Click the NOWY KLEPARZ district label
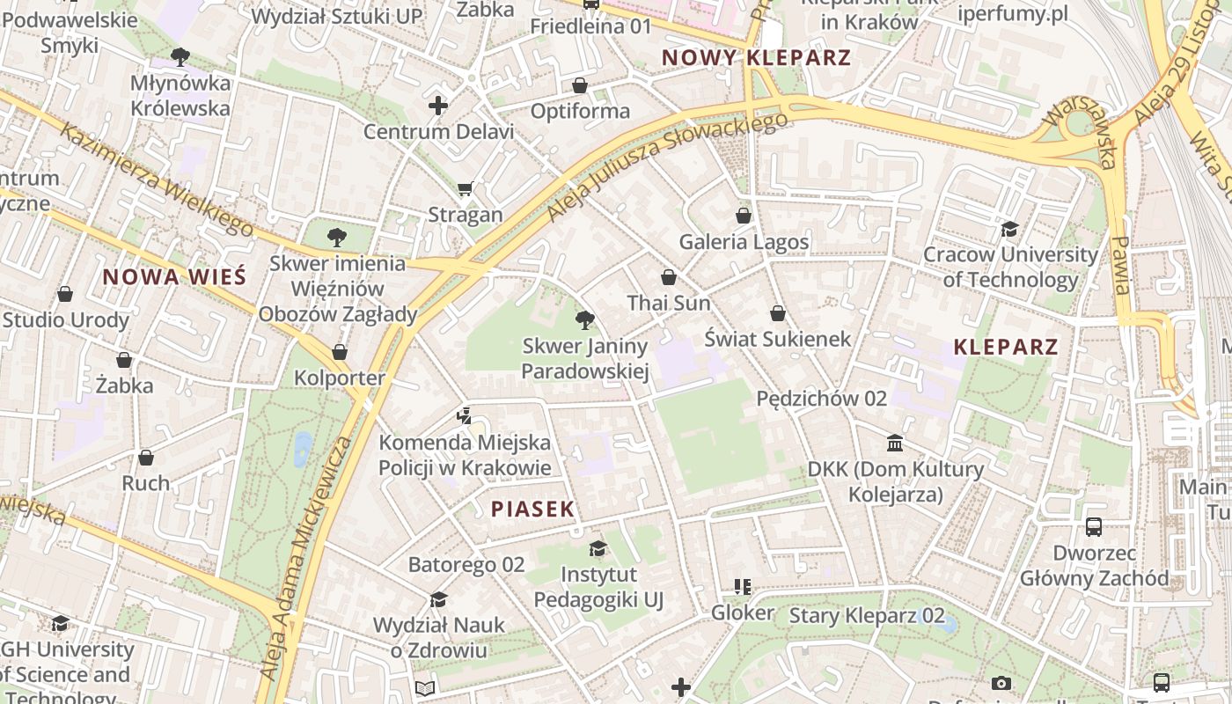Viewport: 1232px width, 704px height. (x=756, y=58)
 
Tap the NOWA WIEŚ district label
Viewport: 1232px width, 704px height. (x=174, y=277)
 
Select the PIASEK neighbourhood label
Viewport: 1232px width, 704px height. (x=532, y=509)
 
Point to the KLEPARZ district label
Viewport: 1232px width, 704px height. (x=1006, y=347)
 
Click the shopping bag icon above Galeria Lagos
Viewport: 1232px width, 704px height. (x=744, y=216)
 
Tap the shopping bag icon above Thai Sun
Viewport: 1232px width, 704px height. (x=669, y=277)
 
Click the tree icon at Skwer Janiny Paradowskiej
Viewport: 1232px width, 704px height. (x=584, y=320)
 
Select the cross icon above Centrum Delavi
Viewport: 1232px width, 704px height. (x=438, y=106)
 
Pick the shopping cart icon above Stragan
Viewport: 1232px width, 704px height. (x=466, y=188)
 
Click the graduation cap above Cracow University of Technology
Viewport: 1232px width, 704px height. (x=1009, y=230)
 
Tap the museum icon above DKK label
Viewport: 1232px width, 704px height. (x=895, y=443)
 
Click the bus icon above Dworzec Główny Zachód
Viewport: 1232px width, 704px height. (x=1094, y=527)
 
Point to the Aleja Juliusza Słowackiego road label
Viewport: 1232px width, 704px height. (x=666, y=165)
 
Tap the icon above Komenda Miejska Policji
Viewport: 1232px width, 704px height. (x=465, y=416)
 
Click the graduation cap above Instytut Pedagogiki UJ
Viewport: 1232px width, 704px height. (x=598, y=549)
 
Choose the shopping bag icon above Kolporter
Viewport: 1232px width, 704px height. (x=340, y=353)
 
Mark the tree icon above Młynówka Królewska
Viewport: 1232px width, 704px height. (x=180, y=57)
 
